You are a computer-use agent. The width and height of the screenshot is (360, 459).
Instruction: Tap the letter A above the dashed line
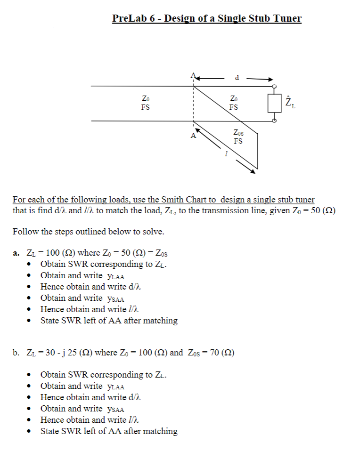tap(192, 76)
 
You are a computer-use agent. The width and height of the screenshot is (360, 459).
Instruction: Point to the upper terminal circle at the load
tap(274, 87)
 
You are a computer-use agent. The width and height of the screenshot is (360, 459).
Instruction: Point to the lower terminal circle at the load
tap(274, 121)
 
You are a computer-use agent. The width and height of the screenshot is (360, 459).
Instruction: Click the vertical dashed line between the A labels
tap(192, 104)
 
